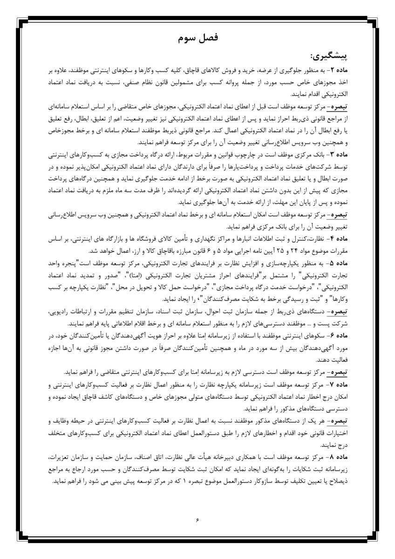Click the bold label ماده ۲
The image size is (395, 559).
click(x=361, y=70)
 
